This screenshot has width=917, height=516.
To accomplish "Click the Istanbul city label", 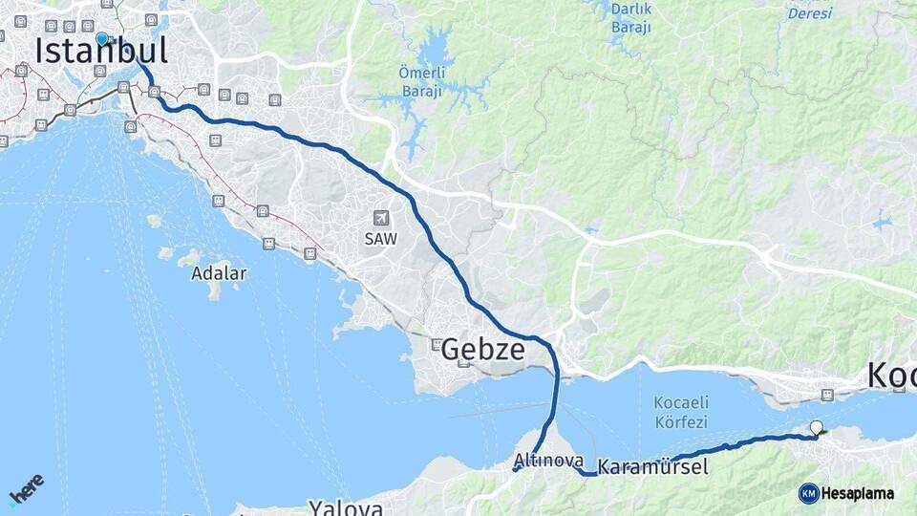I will coord(101,52).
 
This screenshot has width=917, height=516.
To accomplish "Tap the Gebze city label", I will coord(482,350).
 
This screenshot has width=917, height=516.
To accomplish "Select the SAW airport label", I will coord(380,239).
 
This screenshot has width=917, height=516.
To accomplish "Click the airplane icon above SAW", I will coord(381,219).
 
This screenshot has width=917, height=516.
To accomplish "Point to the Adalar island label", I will coord(219,273).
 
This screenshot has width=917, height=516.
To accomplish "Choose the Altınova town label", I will coord(548,461).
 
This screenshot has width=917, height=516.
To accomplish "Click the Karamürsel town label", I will coord(652,468).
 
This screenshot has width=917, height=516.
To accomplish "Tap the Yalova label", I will coord(345,507).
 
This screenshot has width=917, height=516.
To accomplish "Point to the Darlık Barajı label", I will coord(630,19).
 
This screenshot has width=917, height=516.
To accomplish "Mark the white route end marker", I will coord(816,428).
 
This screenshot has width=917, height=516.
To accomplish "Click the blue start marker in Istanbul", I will coord(102,39).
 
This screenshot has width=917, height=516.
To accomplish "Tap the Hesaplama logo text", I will coord(859,493).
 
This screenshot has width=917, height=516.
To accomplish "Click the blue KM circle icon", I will coord(809,493).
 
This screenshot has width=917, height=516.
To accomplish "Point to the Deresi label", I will coord(809,13).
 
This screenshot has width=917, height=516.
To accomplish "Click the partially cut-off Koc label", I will coord(891,376).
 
